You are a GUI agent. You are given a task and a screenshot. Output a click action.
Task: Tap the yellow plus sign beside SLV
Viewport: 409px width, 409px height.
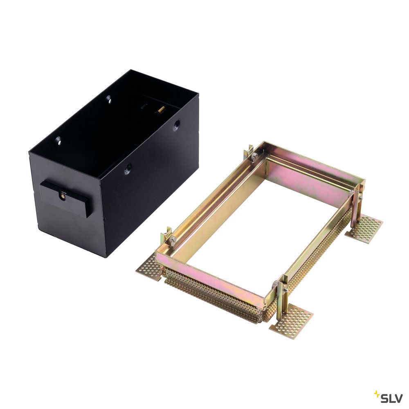coord(377,394)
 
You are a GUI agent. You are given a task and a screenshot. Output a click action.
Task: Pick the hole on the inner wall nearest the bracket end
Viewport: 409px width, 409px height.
coord(59,141)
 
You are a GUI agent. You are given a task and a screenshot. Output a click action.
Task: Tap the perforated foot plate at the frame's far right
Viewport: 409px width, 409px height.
coord(365,229)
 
